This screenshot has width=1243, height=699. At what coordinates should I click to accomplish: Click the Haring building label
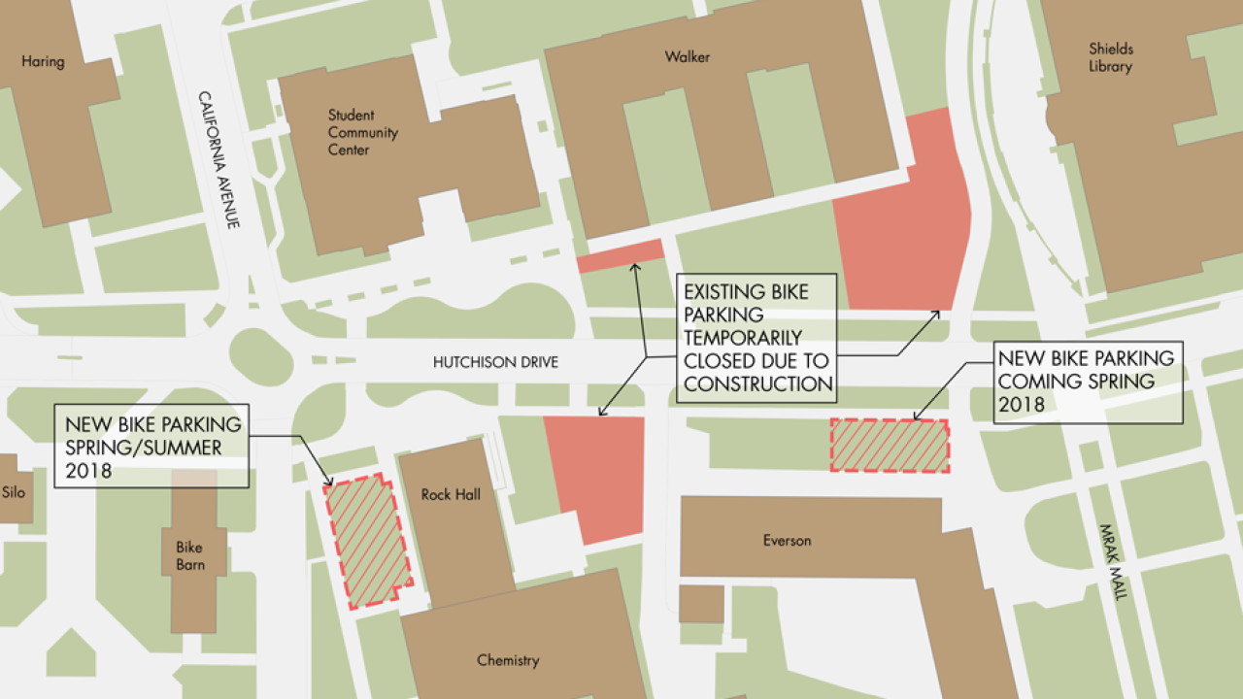point(43,62)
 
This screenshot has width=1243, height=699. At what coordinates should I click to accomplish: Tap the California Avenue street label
point(218,159)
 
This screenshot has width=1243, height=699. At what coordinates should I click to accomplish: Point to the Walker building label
point(687,57)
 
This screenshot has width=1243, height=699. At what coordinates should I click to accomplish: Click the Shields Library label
point(1110,57)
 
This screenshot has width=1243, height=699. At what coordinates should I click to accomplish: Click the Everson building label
point(787,541)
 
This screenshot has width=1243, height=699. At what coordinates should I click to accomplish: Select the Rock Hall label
point(451,495)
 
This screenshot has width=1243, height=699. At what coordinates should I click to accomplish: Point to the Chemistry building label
point(507,661)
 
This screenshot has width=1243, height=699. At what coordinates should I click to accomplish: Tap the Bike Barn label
point(190,555)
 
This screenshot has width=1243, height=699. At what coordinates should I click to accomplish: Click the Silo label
point(13,492)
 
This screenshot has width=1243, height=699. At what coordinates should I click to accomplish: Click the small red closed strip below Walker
point(620,255)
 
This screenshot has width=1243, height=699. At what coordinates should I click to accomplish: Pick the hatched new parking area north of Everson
point(890,446)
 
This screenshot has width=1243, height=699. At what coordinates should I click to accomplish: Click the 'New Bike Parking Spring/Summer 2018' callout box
point(152,448)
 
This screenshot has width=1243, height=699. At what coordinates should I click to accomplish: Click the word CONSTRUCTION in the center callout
point(757,383)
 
